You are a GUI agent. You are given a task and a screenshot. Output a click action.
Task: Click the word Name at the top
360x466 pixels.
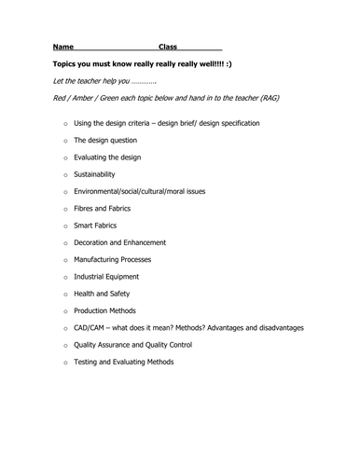coord(63,47)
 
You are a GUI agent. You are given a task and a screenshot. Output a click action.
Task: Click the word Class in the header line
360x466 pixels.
coord(168,47)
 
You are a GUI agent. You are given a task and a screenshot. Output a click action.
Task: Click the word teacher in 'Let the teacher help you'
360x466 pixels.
coord(93,82)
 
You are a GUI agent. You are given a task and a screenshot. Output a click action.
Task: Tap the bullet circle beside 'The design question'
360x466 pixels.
coord(65,141)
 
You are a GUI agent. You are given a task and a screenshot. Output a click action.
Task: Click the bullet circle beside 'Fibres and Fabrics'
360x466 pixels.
coord(65,209)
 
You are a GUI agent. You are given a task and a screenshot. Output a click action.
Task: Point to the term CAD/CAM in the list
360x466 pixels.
coord(94,328)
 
